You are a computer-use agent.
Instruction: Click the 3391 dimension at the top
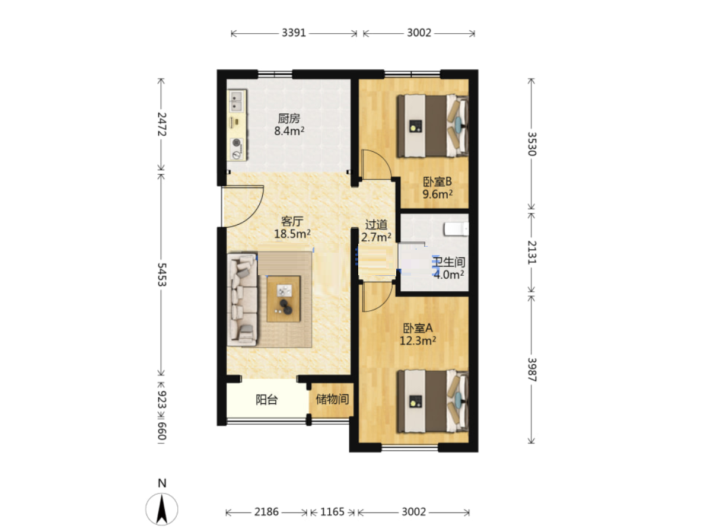click(x=294, y=33)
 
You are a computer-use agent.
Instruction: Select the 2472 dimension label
click(x=161, y=124)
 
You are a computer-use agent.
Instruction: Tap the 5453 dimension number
click(x=161, y=274)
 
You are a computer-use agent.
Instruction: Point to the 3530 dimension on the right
click(x=532, y=144)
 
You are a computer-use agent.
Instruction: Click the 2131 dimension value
click(x=532, y=253)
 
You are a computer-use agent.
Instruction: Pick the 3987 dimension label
click(x=532, y=369)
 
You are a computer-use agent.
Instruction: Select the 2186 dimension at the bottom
click(x=266, y=512)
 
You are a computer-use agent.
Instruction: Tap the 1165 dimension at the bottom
click(x=332, y=512)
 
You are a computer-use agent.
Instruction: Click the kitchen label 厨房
click(x=289, y=118)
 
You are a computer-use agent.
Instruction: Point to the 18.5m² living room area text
click(x=292, y=234)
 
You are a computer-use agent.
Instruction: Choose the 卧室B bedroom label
click(x=437, y=181)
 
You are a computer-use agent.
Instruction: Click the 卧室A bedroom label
click(x=418, y=328)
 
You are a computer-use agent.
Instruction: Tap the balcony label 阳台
click(x=266, y=400)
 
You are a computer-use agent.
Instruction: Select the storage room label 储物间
click(x=332, y=399)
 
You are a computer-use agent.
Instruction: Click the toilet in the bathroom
click(x=456, y=228)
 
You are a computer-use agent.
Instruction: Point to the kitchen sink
click(x=237, y=101)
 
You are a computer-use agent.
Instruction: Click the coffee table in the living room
click(x=284, y=298)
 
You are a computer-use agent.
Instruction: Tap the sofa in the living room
click(x=242, y=300)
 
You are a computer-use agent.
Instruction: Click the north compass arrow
click(x=161, y=509)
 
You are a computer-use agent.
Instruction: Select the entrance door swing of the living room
click(x=242, y=206)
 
